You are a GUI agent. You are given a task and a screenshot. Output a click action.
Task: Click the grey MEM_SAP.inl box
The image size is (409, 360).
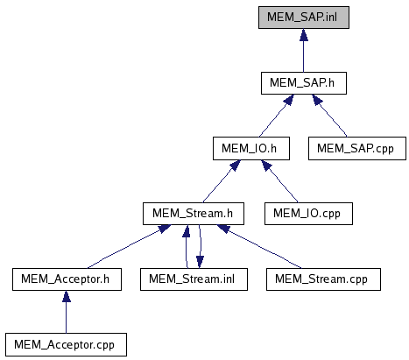(x=304, y=18)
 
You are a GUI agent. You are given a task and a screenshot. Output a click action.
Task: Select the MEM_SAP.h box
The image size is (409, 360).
(x=304, y=83)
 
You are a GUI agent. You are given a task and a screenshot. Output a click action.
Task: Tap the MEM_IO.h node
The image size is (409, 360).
(x=251, y=149)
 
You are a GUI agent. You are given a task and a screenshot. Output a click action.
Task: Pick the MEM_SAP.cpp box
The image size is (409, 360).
(x=357, y=149)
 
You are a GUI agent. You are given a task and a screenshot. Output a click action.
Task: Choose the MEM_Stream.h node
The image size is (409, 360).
(x=194, y=214)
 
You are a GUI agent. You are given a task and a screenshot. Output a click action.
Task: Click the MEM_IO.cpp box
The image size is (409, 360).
(x=308, y=214)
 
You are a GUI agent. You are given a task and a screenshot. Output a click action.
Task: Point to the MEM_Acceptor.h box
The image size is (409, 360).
(x=67, y=279)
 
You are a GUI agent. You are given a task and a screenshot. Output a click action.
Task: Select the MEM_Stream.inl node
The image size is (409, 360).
(x=194, y=279)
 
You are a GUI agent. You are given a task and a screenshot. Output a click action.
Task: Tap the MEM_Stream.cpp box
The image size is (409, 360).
(x=323, y=279)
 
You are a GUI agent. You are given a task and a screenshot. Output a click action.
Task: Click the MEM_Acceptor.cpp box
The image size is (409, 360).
(x=66, y=344)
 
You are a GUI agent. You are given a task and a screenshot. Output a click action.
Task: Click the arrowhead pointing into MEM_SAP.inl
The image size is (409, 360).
(x=304, y=35)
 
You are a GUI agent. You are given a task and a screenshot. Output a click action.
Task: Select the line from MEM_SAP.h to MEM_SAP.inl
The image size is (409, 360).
(x=304, y=50)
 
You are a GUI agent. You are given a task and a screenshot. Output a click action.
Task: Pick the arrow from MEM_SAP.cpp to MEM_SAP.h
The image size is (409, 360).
(x=329, y=116)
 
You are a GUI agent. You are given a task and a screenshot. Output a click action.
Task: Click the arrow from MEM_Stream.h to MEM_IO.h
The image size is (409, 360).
(x=222, y=181)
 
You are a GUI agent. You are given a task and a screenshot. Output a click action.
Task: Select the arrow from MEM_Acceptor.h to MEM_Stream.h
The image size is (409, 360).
(x=129, y=246)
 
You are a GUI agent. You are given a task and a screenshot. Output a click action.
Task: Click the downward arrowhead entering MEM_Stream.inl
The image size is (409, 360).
(x=200, y=262)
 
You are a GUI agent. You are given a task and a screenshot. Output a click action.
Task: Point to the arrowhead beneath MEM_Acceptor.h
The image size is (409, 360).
(x=67, y=296)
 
